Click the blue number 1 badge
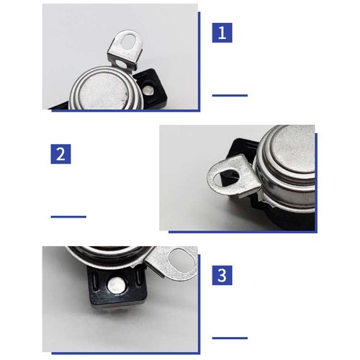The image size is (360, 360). (x=222, y=33)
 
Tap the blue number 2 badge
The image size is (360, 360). (x=60, y=154)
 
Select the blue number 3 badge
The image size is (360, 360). (x=222, y=275)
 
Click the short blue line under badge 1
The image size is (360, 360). (x=230, y=96)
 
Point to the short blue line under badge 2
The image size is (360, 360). (x=68, y=217)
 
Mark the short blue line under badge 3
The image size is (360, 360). (x=230, y=338)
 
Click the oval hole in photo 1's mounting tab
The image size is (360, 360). (x=128, y=41)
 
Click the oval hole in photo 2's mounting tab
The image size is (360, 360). (x=227, y=177)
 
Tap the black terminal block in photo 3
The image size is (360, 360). (x=117, y=287)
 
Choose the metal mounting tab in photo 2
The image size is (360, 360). (x=234, y=176)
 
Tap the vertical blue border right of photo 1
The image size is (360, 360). (x=199, y=61)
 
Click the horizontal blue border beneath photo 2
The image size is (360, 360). (x=243, y=232)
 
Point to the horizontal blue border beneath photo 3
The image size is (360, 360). (x=126, y=353)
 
